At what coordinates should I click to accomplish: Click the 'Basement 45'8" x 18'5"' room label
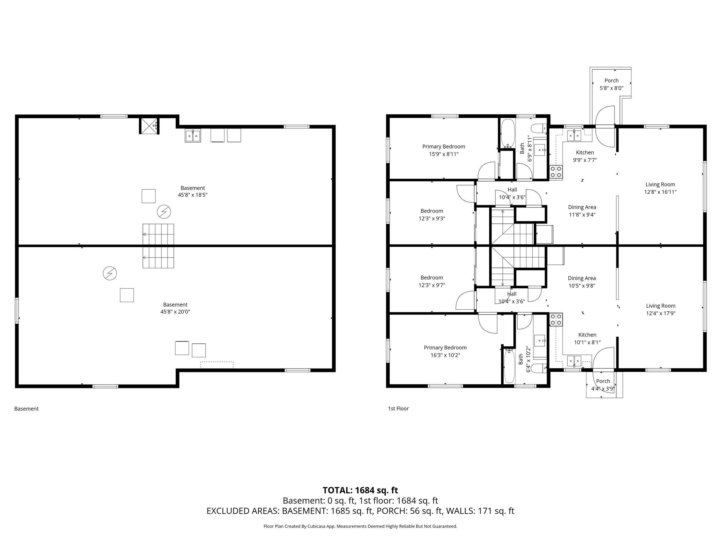(x=193, y=191)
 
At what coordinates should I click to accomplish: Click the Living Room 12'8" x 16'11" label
(x=660, y=188)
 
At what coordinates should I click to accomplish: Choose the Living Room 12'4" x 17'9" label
(x=661, y=309)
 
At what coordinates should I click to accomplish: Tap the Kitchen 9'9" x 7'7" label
(x=585, y=156)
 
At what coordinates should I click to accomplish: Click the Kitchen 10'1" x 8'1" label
(x=587, y=338)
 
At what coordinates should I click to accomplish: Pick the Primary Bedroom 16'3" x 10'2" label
(x=445, y=351)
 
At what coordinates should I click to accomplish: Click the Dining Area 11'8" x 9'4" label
(x=582, y=211)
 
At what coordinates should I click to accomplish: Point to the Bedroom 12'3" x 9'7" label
(x=431, y=281)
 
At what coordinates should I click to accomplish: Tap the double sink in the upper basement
(x=193, y=136)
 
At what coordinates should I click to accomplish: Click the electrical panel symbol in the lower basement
(x=110, y=273)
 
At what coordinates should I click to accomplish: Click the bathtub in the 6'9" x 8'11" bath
(x=507, y=134)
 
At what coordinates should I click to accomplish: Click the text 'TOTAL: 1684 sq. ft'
(x=360, y=490)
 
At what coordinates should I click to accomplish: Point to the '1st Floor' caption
(x=398, y=408)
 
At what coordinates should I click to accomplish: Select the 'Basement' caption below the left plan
(x=26, y=409)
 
